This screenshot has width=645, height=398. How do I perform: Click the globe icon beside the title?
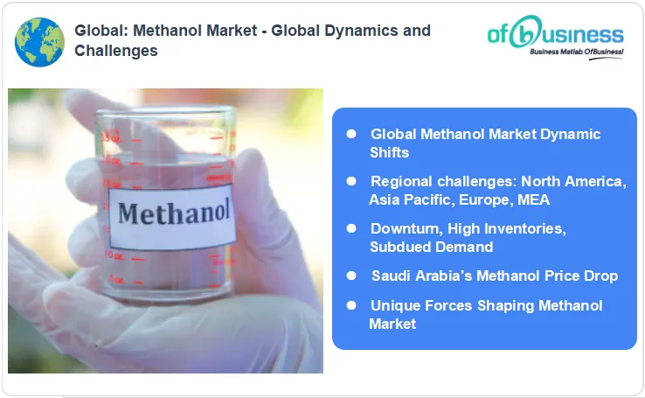pos(39,42)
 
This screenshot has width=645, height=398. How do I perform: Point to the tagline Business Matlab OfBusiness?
pos(577,53)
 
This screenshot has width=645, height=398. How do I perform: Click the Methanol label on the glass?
pos(174,213)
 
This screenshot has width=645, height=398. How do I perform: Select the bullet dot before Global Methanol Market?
pos(351,134)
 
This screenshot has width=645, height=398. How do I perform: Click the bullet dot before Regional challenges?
pos(351,181)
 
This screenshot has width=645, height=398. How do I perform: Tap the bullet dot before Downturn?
pos(351,228)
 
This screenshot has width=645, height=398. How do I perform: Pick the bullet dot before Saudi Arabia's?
pos(351,276)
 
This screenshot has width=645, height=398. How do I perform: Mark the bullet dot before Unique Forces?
pos(351,305)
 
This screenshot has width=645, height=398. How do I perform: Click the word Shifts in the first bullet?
pos(389,152)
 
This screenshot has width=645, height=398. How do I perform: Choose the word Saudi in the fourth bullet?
pos(391,276)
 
